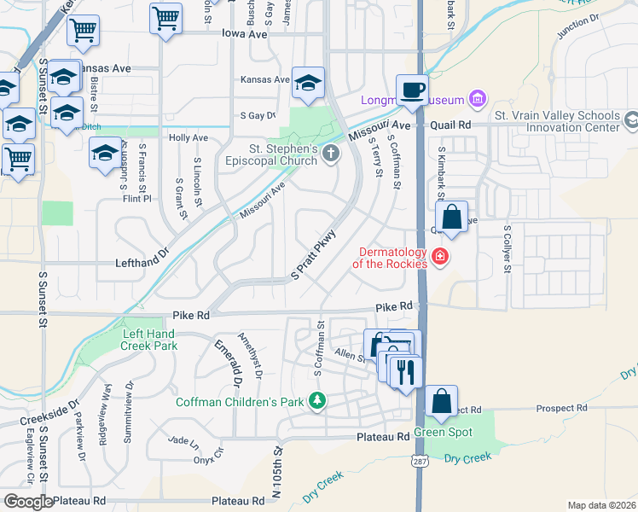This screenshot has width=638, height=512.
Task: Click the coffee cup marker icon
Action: pyautogui.click(x=414, y=90)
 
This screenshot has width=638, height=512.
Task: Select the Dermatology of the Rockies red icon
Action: pyautogui.click(x=440, y=256)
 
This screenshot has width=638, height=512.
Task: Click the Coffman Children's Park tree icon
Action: pyautogui.click(x=317, y=400)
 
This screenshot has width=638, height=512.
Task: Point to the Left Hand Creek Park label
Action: pyautogui.click(x=149, y=340)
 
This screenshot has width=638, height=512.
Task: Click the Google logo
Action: pyautogui.click(x=28, y=502)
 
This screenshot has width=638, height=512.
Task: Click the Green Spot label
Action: pyautogui.click(x=444, y=432)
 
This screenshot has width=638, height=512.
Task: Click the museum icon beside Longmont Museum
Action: pyautogui.click(x=477, y=100)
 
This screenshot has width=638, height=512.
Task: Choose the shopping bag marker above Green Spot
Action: pyautogui.click(x=442, y=402)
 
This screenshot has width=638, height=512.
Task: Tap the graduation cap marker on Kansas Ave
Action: pyautogui.click(x=308, y=83)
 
